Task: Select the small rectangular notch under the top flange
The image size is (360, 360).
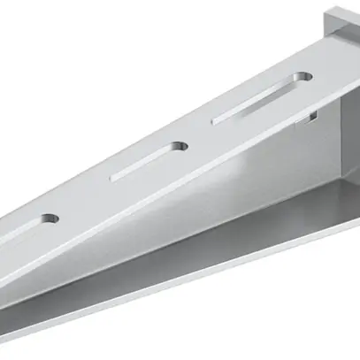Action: coord(310,117)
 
